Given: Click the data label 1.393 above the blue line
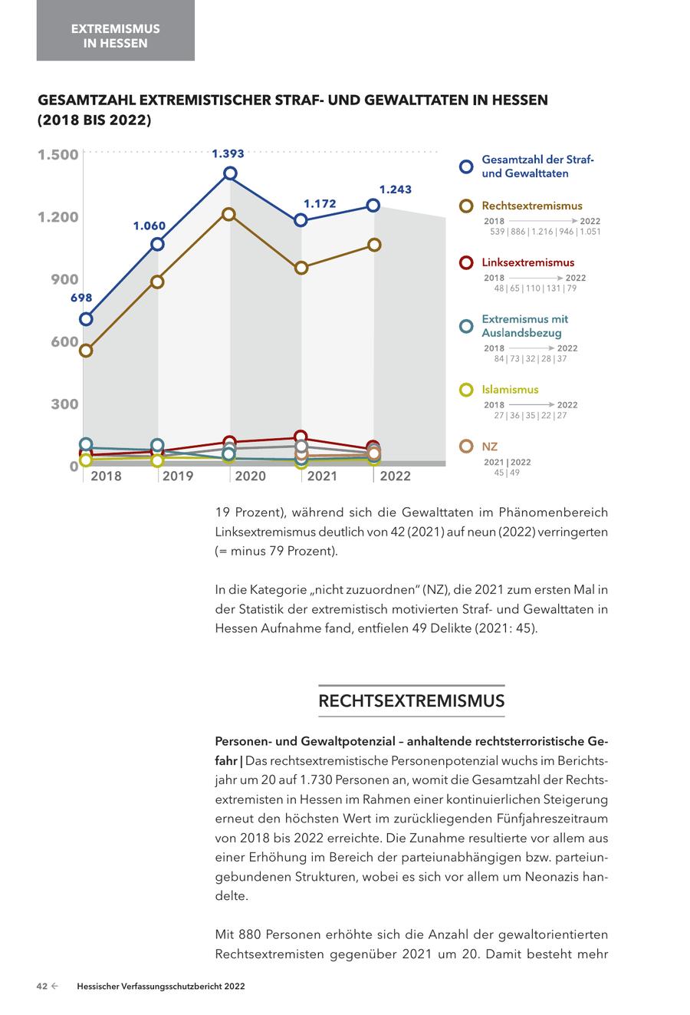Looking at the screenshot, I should click(x=228, y=153).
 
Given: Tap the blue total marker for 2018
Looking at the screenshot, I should click(x=87, y=318).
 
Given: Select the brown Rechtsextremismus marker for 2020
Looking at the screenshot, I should click(x=229, y=214).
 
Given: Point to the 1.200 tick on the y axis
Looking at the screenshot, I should click(x=58, y=217).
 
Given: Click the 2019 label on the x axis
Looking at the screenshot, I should click(x=178, y=476).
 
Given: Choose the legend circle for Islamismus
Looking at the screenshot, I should click(x=466, y=390).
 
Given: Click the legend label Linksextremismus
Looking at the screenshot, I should click(x=527, y=262).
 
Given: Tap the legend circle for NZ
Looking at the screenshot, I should click(x=466, y=447).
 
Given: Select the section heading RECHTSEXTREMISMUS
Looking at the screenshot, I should click(x=411, y=701).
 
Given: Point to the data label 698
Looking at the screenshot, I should click(x=81, y=298).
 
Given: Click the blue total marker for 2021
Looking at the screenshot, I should click(x=301, y=220).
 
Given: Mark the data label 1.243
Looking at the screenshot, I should click(x=396, y=189).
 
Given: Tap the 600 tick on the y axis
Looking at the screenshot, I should click(x=64, y=342).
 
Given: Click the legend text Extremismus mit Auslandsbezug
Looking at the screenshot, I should click(x=524, y=326).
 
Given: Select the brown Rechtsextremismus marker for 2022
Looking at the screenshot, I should click(x=374, y=245).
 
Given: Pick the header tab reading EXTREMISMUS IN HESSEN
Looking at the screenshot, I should click(x=116, y=35).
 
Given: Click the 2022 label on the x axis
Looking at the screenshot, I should click(x=396, y=476).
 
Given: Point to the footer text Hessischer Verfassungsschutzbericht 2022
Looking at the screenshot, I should click(x=161, y=987).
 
